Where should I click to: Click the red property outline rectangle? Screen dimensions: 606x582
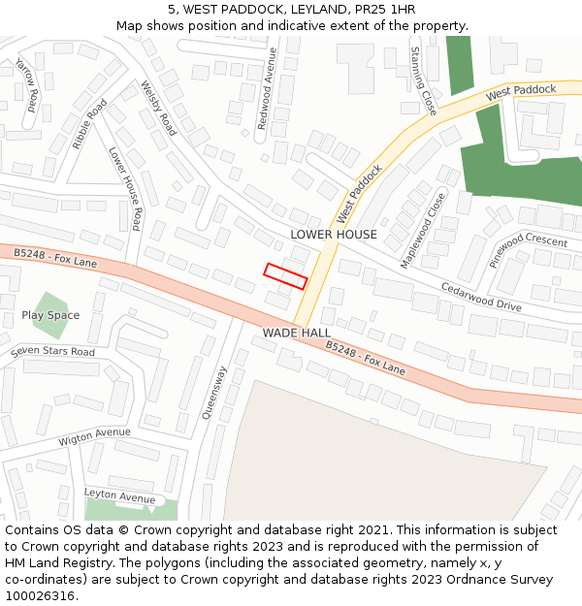click(286, 276)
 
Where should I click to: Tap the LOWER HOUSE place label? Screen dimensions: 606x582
click(334, 235)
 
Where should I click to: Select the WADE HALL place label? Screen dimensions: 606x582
click(297, 333)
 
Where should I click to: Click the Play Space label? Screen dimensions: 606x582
click(50, 315)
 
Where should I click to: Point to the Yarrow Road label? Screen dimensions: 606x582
click(27, 82)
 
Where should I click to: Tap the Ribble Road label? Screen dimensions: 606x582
click(89, 124)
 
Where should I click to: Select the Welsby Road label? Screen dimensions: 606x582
click(158, 108)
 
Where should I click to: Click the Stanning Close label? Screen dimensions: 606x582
click(424, 80)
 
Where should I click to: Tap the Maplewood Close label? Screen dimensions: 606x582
click(424, 231)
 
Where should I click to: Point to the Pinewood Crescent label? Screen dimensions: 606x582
click(527, 250)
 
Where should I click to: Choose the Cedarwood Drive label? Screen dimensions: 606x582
click(481, 297)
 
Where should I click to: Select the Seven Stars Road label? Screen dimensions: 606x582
click(53, 351)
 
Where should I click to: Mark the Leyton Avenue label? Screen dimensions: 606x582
click(119, 494)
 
